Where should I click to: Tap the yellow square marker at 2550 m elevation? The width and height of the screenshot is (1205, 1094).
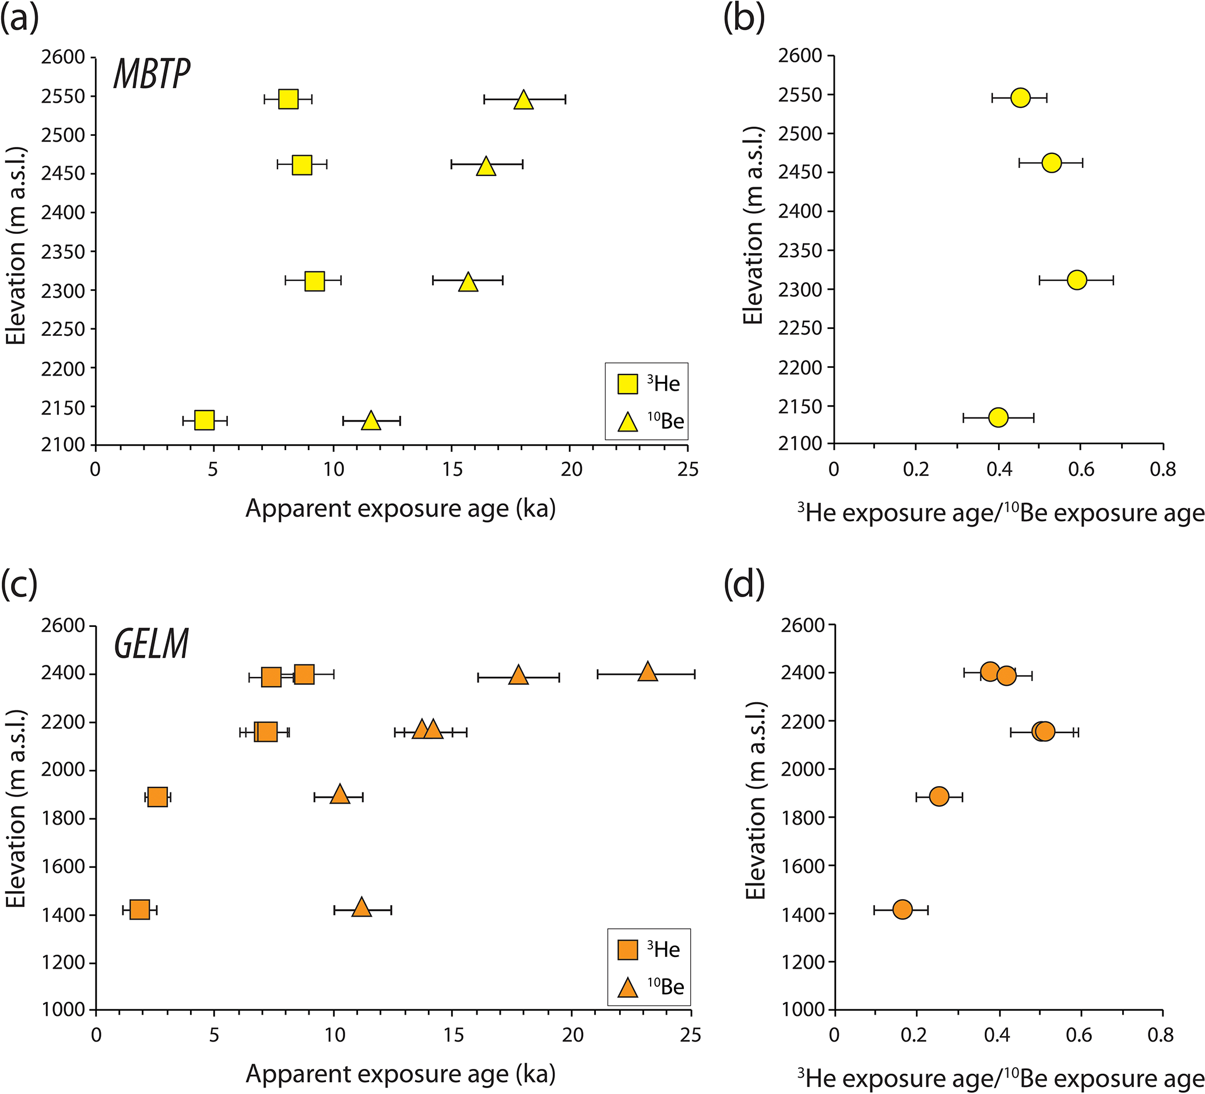point(288,99)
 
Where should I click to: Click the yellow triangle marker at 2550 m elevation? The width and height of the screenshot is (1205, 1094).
point(524,100)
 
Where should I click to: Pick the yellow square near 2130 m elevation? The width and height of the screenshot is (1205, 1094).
point(205,420)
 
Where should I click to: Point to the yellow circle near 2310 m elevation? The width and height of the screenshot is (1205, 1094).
point(1077,280)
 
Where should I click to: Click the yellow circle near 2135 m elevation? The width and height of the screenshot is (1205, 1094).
point(998,418)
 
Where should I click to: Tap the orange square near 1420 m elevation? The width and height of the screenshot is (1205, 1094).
point(139,910)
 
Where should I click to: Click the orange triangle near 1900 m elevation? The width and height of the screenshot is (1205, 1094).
point(339,795)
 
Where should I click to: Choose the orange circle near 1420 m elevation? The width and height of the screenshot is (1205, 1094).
point(902,909)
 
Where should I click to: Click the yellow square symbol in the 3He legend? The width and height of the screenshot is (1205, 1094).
point(628,384)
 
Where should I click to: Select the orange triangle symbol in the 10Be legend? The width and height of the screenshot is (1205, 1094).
point(628,988)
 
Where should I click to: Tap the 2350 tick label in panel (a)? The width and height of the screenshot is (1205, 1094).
point(64,252)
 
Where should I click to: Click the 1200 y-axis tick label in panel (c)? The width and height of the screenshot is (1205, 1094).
point(64,963)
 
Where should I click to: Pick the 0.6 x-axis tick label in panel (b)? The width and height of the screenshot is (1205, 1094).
point(1081,470)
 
